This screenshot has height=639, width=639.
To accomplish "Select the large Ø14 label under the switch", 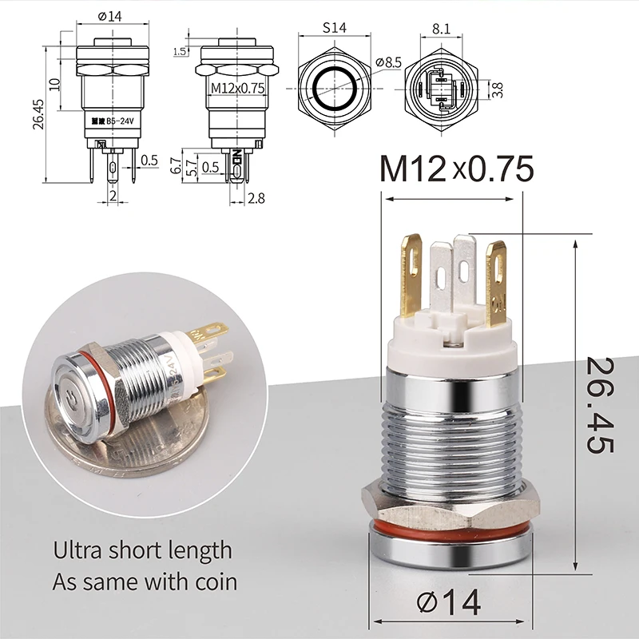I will pyautogui.click(x=448, y=601).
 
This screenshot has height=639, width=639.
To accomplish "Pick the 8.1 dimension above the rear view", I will pyautogui.click(x=442, y=28).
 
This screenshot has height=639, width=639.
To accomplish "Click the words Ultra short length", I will pyautogui.click(x=142, y=550).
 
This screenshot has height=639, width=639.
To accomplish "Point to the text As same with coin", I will pyautogui.click(x=145, y=581).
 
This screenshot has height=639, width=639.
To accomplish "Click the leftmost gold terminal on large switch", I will pyautogui.click(x=411, y=276).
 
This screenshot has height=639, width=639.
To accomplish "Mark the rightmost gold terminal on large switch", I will pyautogui.click(x=497, y=284).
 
